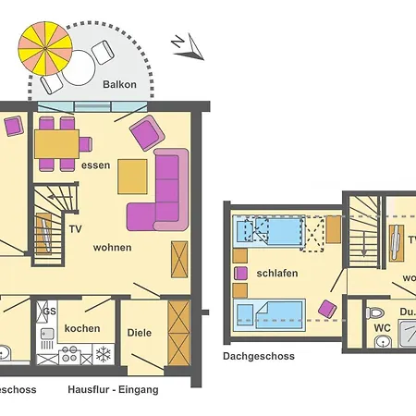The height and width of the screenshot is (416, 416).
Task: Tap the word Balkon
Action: click(120, 85)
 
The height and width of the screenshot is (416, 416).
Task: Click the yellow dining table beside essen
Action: click(56, 143)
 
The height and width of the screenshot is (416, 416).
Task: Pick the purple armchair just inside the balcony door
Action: click(146, 134)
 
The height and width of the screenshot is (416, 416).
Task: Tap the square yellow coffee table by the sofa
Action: click(132, 176)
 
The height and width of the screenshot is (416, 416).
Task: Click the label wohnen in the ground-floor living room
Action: click(112, 248)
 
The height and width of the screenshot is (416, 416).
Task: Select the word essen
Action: click(95, 166)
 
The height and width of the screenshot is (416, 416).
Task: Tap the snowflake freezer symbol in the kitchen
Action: click(104, 355)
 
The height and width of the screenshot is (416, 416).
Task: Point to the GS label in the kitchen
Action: click(49, 312)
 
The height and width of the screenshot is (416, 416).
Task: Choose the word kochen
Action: click(82, 329)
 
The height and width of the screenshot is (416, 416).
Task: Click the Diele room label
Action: click(139, 331)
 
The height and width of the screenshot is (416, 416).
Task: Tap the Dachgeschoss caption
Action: click(258, 356)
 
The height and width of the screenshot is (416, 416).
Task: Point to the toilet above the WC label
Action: click(376, 312)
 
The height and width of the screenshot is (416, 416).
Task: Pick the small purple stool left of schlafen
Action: click(241, 273)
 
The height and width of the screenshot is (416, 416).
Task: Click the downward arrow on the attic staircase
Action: click(364, 244)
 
